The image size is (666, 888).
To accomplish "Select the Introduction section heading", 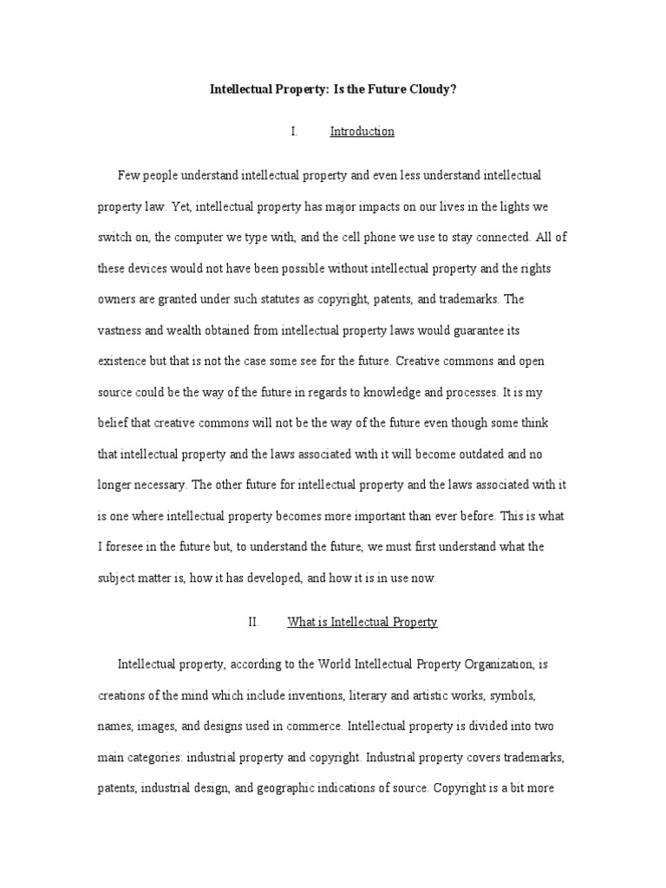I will tap(362, 132).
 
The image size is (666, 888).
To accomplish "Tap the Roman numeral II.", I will tap(254, 622).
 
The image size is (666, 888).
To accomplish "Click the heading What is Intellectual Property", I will tap(362, 622).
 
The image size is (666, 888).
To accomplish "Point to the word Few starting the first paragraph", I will tap(128, 175).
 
